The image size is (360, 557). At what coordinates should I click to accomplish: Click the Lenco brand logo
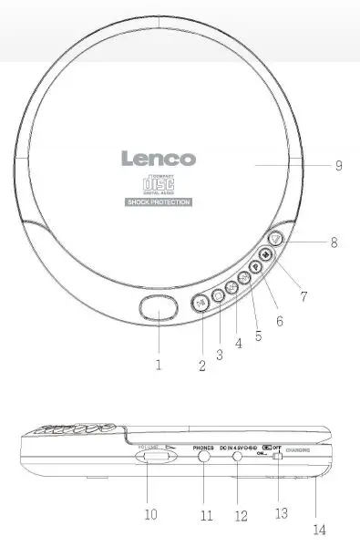[x=159, y=158]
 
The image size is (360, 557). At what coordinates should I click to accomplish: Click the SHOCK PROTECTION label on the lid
[x=159, y=201]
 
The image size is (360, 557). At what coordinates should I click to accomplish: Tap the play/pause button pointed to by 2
[x=201, y=303]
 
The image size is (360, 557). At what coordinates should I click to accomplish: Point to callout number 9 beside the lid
[x=338, y=165]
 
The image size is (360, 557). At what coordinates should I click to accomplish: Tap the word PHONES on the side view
[x=205, y=449]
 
